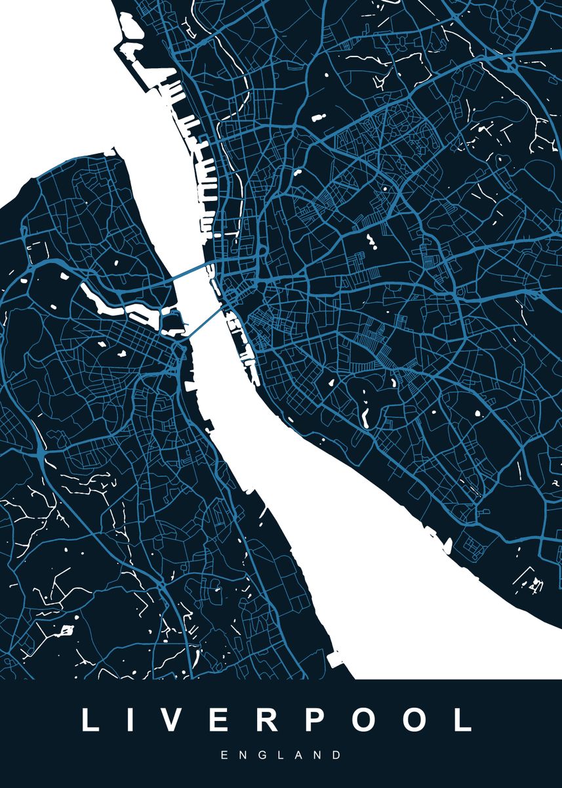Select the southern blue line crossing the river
tap(205, 320)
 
